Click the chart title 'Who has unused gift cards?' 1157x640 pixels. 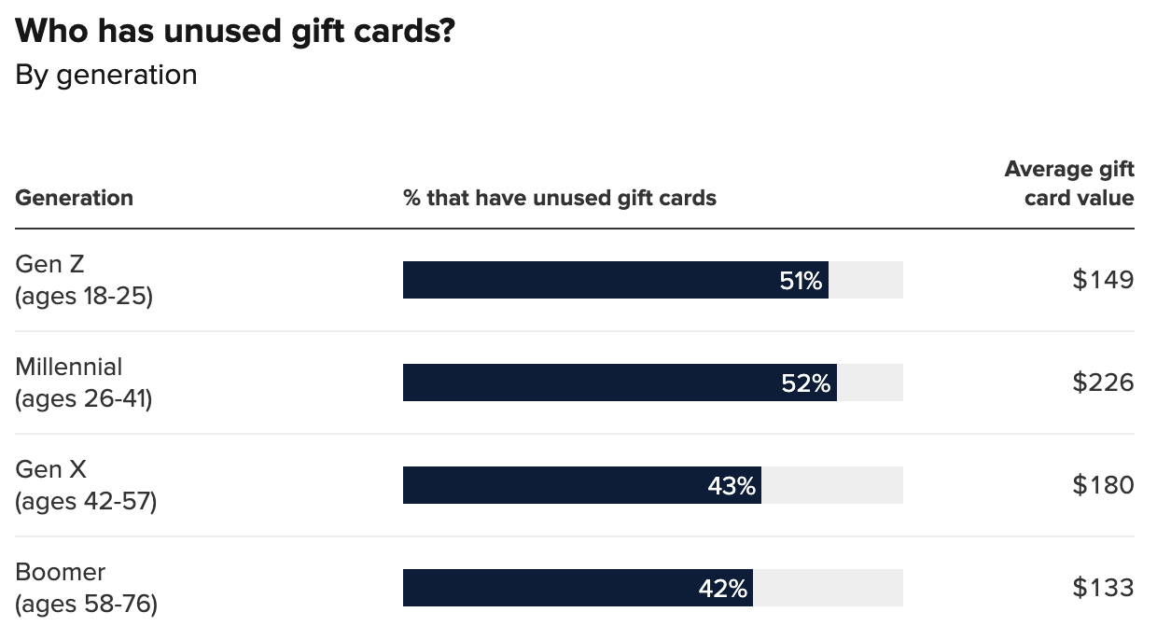(235, 31)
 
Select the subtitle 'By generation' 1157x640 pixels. (106, 75)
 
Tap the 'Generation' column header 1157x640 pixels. (75, 198)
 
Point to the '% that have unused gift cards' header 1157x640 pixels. (560, 198)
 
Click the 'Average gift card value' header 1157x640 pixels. (1069, 184)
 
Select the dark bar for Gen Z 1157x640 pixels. (588, 280)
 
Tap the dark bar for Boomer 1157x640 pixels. (551, 588)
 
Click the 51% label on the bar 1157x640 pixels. (801, 281)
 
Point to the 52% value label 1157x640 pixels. (806, 383)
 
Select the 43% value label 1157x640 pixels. (732, 486)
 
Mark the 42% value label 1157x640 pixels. (723, 589)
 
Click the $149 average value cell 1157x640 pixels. (1103, 280)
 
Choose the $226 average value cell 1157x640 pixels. (1103, 383)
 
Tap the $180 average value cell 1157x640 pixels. (1103, 485)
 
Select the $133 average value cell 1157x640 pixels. (1103, 588)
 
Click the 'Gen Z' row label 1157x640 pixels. (50, 265)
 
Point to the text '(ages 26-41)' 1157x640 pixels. (84, 399)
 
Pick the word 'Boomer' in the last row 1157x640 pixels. (61, 572)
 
